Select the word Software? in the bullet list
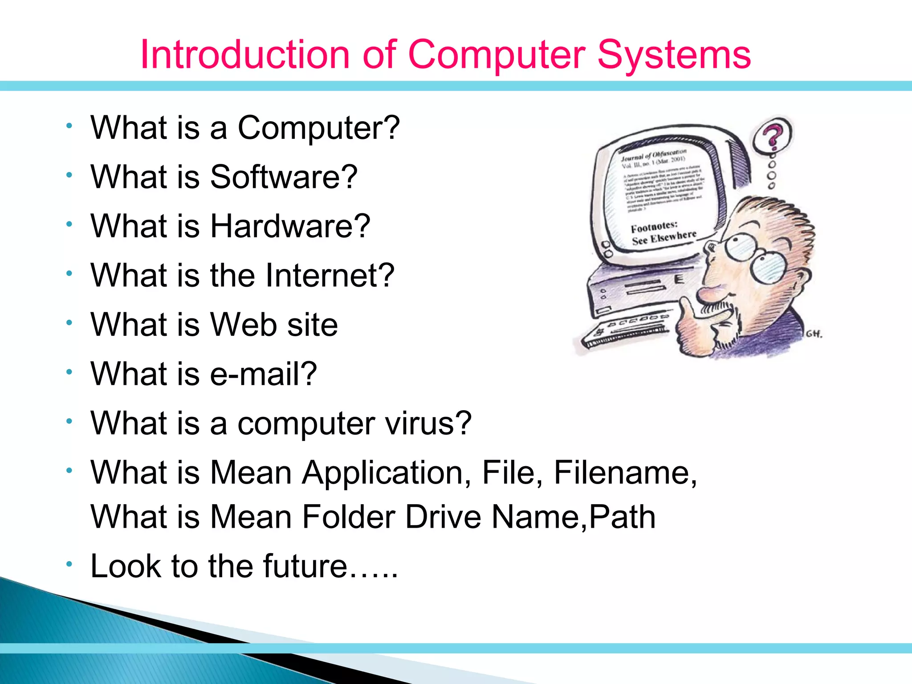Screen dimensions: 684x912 pos(284,177)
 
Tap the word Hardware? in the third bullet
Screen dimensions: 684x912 pos(290,226)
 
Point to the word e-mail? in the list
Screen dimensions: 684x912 pos(263,374)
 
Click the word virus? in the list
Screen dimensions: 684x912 pos(428,423)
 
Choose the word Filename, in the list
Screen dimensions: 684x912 pos(625,472)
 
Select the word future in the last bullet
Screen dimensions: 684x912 pos(305,566)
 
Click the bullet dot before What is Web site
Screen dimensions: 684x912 pos(69,322)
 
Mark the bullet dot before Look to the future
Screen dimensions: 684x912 pos(69,564)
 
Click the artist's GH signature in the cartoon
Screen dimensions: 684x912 pos(814,334)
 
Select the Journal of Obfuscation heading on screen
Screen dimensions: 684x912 pos(653,154)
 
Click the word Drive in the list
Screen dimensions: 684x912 pos(444,517)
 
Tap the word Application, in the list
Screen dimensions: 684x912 pos(387,472)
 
